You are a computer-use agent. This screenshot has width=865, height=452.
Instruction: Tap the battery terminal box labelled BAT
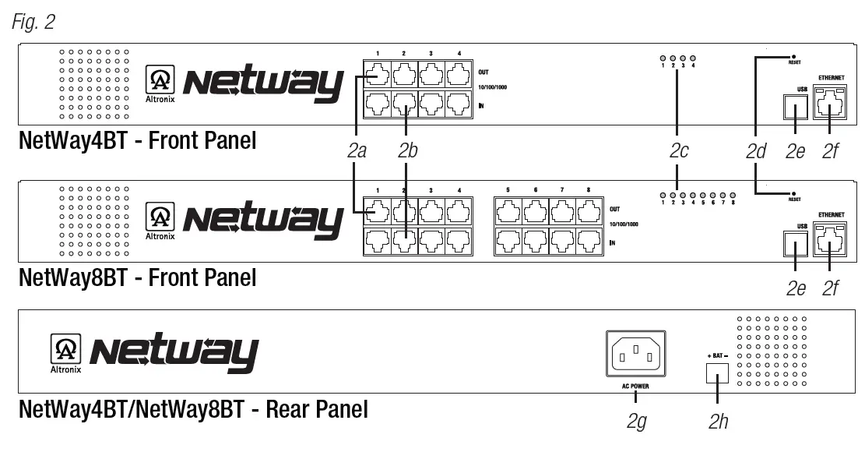pyautogui.click(x=716, y=375)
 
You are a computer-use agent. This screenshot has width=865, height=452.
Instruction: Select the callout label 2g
pyautogui.click(x=636, y=422)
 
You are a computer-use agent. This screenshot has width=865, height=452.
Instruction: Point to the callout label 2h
pyautogui.click(x=718, y=422)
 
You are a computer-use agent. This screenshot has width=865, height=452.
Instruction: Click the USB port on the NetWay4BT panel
pyautogui.click(x=793, y=107)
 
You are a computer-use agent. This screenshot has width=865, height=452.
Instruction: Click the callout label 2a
pyautogui.click(x=357, y=151)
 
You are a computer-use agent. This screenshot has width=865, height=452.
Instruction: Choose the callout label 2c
pyautogui.click(x=679, y=151)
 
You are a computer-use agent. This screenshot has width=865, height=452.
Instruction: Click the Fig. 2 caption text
pyautogui.click(x=33, y=22)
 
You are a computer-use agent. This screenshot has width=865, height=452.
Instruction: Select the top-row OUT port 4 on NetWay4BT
pyautogui.click(x=458, y=76)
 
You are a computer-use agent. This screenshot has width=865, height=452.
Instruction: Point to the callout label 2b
pyautogui.click(x=407, y=151)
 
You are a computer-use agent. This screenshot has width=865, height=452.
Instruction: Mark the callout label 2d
pyautogui.click(x=756, y=151)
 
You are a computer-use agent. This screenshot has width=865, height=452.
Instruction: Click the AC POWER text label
pyautogui.click(x=635, y=387)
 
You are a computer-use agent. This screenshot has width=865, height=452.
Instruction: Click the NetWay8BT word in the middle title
pyautogui.click(x=82, y=277)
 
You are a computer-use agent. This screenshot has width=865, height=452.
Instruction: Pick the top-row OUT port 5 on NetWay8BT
pyautogui.click(x=509, y=210)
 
